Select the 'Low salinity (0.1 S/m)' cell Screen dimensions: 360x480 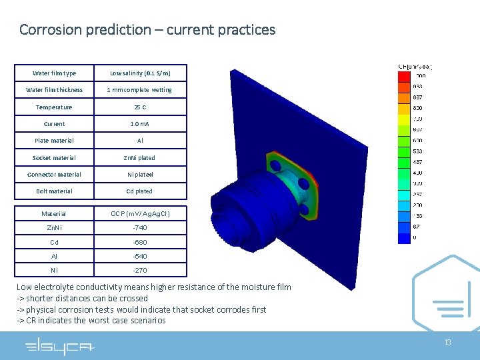[140, 73]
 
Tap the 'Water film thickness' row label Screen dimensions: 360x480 [54, 90]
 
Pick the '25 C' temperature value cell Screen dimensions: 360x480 [140, 107]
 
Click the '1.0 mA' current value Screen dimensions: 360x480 [140, 124]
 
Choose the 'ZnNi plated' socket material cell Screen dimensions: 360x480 [140, 158]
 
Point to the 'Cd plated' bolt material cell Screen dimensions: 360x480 [140, 191]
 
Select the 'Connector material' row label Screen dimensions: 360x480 [54, 175]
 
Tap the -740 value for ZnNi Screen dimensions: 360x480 [140, 228]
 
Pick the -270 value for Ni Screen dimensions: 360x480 [140, 270]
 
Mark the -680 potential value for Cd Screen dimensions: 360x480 [140, 242]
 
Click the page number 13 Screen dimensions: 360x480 [447, 343]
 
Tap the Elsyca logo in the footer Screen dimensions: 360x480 [59, 347]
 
